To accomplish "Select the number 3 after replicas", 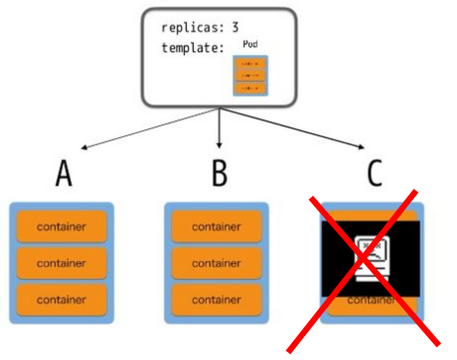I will [x=235, y=28].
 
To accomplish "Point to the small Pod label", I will [x=250, y=44].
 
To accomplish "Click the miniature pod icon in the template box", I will [x=249, y=76].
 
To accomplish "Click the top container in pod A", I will [x=61, y=227].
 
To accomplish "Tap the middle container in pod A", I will [x=61, y=263].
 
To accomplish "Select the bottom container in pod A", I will [x=61, y=300].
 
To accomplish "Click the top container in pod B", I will [x=217, y=227].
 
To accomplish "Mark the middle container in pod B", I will [x=217, y=263].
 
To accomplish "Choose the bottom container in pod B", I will [x=217, y=300].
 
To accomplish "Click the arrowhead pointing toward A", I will [x=85, y=148].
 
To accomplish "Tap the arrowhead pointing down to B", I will [x=219, y=145].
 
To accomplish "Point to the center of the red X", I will [x=364, y=267].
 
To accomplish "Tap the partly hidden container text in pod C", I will [x=371, y=301].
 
